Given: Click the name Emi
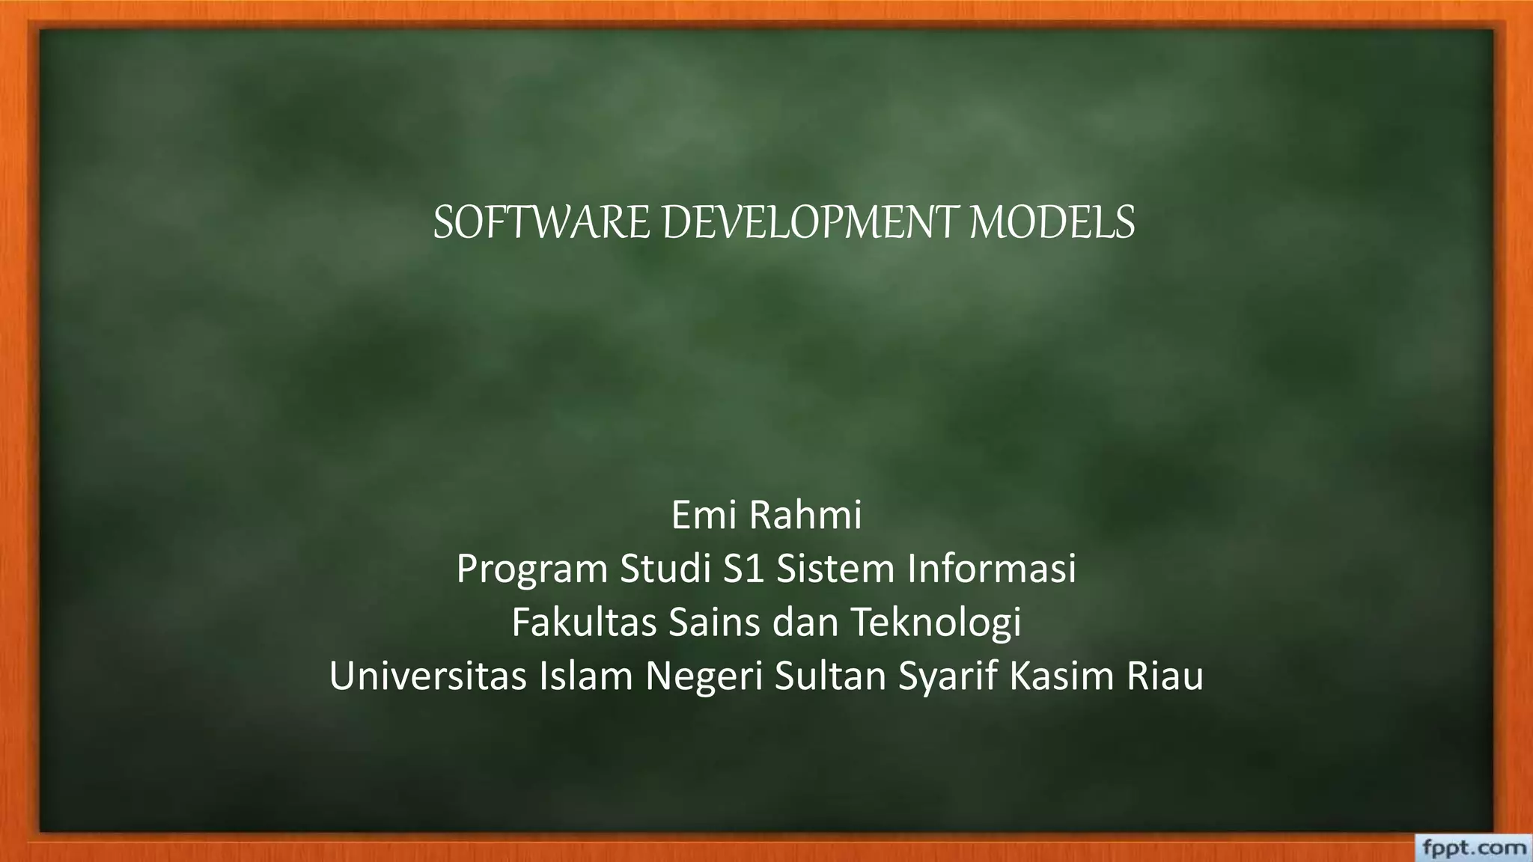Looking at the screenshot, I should click(x=704, y=515).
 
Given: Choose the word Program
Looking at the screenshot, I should click(x=531, y=569).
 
